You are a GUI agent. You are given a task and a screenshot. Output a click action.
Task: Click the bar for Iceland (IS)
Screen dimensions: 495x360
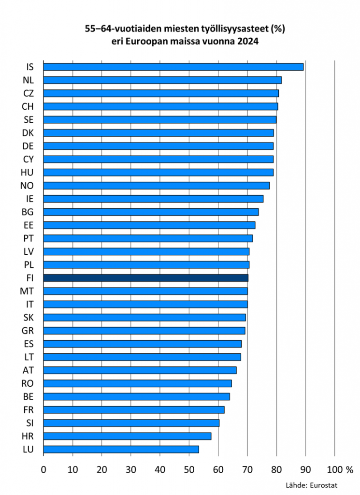[x=173, y=67]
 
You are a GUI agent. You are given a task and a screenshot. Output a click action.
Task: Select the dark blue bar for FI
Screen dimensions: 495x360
[x=145, y=278]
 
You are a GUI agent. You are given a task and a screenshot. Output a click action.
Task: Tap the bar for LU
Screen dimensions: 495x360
[x=121, y=450]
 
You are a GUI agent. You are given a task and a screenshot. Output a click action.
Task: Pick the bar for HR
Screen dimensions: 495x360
[x=127, y=436]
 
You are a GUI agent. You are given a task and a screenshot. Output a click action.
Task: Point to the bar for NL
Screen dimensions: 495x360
[x=162, y=80]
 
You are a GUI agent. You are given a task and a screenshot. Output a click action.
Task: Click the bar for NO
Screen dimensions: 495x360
[x=156, y=186]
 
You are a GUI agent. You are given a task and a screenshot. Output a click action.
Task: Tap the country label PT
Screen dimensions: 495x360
[x=28, y=238]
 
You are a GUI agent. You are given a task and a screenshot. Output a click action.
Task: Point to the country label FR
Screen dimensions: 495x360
[x=28, y=410]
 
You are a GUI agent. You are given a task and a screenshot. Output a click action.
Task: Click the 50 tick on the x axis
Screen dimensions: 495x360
[x=189, y=469]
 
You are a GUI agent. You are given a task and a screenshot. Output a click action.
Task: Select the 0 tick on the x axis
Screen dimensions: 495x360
[x=43, y=469]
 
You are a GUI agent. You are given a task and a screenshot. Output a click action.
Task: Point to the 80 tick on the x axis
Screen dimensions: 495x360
[x=276, y=469]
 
